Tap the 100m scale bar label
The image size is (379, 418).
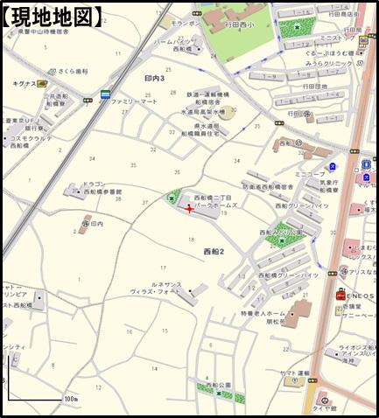(70, 399)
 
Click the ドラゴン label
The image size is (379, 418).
(94, 185)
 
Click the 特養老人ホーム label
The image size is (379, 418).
(263, 313)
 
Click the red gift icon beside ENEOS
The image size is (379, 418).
(339, 296)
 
